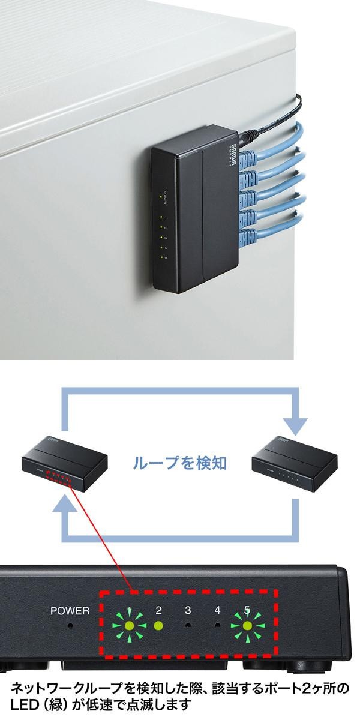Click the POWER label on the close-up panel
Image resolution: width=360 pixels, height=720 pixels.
70,611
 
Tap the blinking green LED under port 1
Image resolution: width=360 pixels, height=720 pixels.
129,627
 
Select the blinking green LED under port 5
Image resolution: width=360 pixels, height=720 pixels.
247,628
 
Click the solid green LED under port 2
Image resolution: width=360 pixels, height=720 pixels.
158,626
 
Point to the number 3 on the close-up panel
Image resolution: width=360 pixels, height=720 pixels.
188,611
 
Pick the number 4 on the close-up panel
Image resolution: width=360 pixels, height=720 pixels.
217,611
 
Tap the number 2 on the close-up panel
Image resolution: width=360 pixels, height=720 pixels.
158,611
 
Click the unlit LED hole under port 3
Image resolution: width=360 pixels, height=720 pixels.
188,626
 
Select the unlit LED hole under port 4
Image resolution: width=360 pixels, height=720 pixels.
217,626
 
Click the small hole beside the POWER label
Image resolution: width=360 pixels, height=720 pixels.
70,626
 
